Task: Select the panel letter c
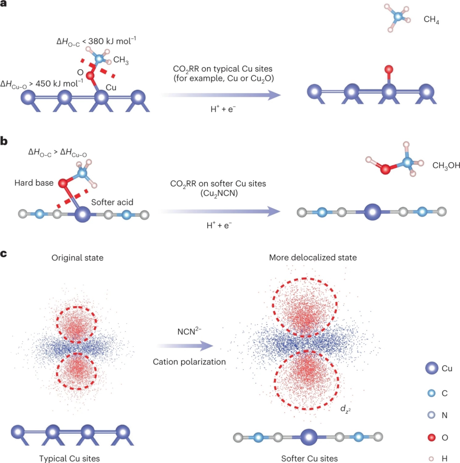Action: click(x=4, y=254)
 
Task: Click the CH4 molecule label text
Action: click(x=431, y=19)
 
